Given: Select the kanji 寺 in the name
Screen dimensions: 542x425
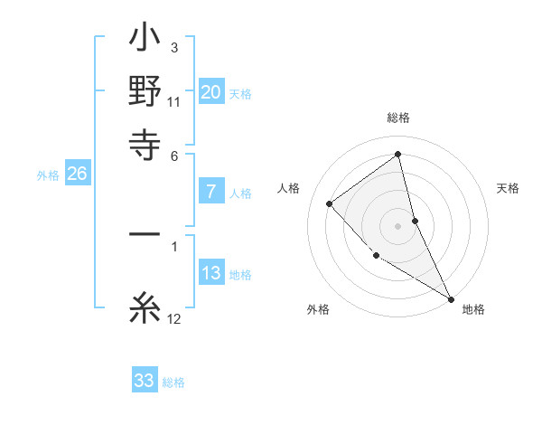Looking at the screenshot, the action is pyautogui.click(x=145, y=142).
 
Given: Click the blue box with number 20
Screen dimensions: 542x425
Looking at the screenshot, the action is pyautogui.click(x=211, y=92).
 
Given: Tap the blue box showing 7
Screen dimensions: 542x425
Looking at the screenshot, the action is pyautogui.click(x=211, y=192).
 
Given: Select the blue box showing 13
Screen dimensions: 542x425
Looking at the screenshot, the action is pyautogui.click(x=211, y=273).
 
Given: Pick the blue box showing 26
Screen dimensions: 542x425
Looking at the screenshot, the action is pyautogui.click(x=77, y=175).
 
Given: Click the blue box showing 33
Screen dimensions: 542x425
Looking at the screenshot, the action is pyautogui.click(x=145, y=381).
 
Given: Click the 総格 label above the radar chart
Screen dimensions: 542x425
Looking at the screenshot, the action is pyautogui.click(x=398, y=118).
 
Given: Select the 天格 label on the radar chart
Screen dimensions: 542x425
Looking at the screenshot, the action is pyautogui.click(x=508, y=188).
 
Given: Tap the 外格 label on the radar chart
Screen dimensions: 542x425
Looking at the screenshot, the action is pyautogui.click(x=318, y=310).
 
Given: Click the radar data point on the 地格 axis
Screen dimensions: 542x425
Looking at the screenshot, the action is pyautogui.click(x=451, y=298).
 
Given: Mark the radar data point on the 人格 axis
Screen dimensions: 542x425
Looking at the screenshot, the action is pyautogui.click(x=330, y=203).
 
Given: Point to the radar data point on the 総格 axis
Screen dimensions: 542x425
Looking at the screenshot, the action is pyautogui.click(x=398, y=155).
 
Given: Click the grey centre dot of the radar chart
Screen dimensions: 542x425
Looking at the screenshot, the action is pyautogui.click(x=398, y=225).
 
